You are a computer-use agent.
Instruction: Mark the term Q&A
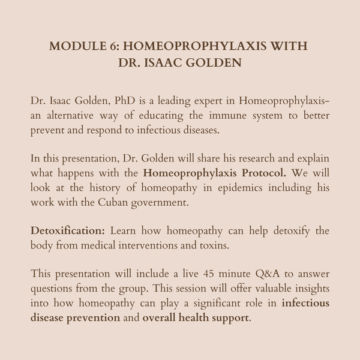point(246,273)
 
